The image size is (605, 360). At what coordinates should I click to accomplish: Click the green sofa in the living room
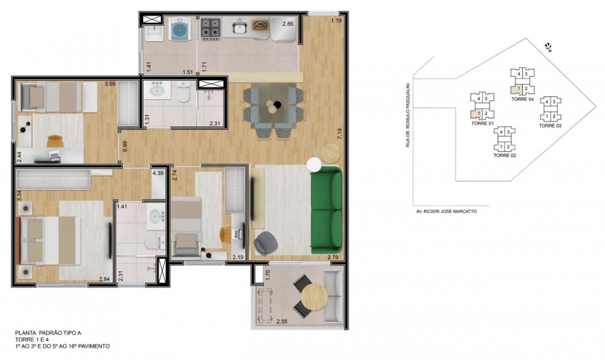coord(327,208)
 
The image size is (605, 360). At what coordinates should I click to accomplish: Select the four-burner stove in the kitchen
coord(211,28)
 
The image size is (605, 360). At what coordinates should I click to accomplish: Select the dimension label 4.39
coord(158,173)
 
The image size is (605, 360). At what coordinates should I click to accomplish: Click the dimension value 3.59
coord(110,83)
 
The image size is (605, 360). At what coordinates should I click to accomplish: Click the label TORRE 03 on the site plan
coord(550,126)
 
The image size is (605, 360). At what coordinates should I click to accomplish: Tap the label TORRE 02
coord(505,155)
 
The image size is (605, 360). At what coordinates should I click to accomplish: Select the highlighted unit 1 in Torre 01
coord(476,113)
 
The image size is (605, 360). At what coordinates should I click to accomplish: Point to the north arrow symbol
coord(548,48)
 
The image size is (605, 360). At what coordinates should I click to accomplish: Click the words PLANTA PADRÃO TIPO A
coord(48,333)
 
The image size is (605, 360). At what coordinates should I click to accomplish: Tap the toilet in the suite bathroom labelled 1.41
coord(153,244)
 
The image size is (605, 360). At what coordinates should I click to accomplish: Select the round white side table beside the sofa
coord(314,165)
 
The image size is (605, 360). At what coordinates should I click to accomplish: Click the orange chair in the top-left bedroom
coord(55,141)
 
